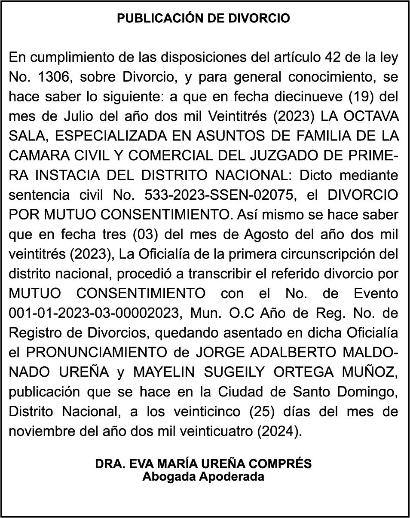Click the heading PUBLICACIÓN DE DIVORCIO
click(204, 18)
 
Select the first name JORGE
click(217, 353)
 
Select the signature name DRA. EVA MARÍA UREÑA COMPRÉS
click(204, 464)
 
